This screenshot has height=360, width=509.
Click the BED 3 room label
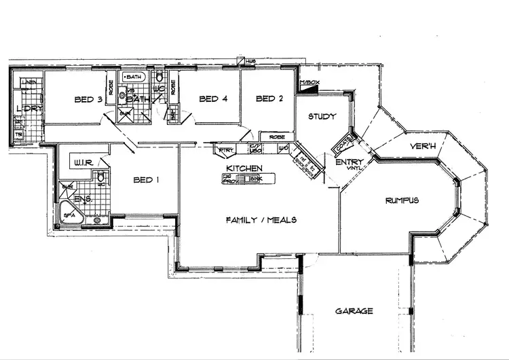(88, 100)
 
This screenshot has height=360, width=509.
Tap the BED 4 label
(212, 99)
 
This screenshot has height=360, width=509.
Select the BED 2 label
(269, 99)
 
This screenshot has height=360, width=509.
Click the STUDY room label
(322, 116)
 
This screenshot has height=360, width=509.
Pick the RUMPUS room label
(402, 200)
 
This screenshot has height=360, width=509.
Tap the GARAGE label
(354, 311)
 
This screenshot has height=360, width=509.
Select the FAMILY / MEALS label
(261, 219)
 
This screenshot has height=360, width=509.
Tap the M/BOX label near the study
(309, 82)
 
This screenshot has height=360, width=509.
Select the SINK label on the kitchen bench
(255, 179)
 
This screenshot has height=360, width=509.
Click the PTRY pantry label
(225, 149)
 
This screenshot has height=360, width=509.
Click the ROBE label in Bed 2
(277, 137)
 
